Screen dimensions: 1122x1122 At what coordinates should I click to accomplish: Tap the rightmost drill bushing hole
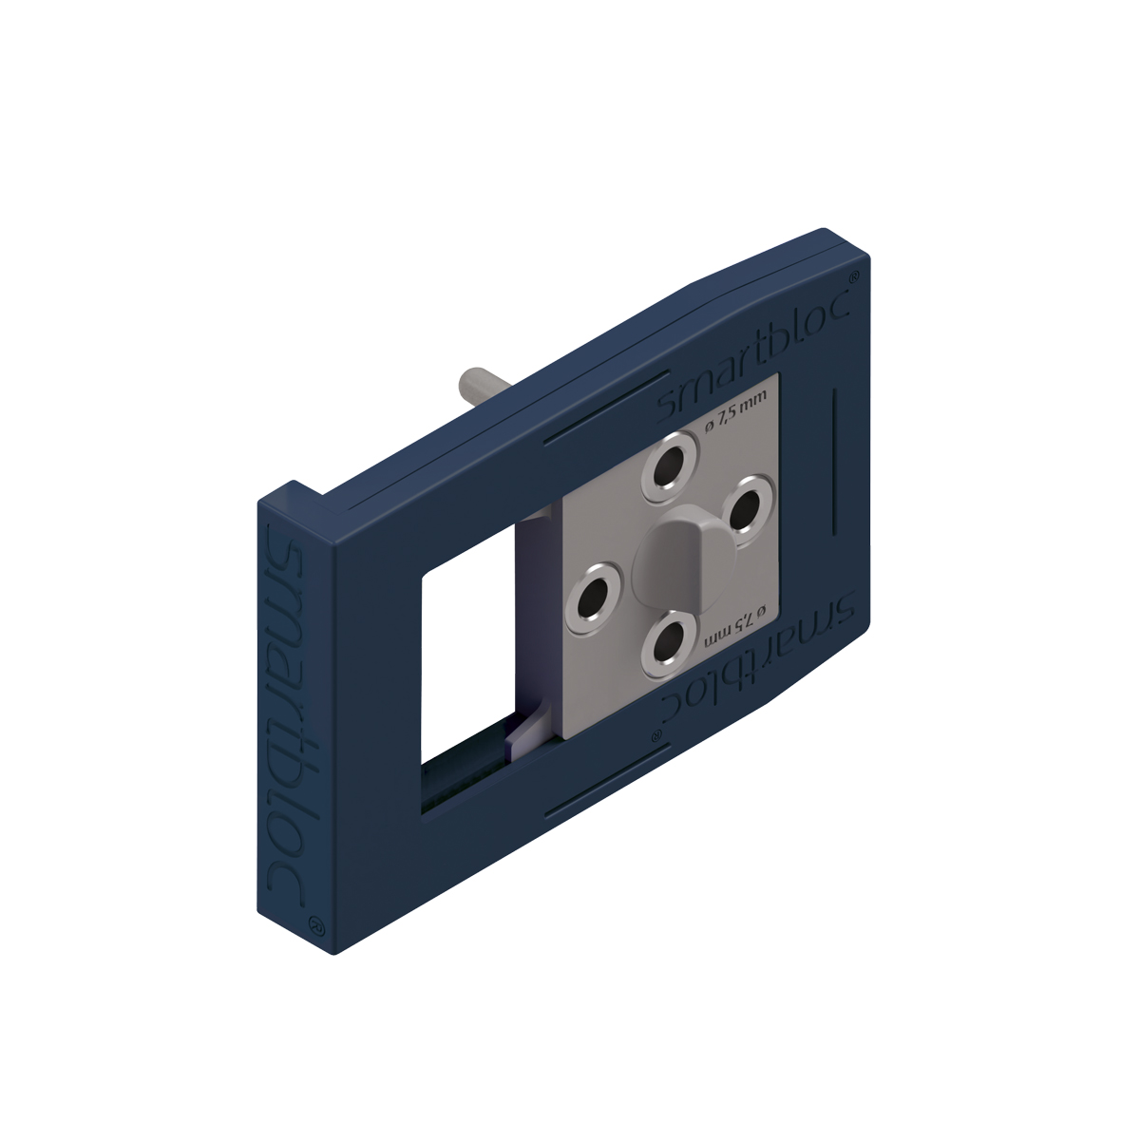(x=750, y=501)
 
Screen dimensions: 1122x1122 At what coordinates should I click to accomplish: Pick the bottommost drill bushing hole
(x=670, y=644)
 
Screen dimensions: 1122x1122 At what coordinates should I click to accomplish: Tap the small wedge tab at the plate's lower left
(x=524, y=732)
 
